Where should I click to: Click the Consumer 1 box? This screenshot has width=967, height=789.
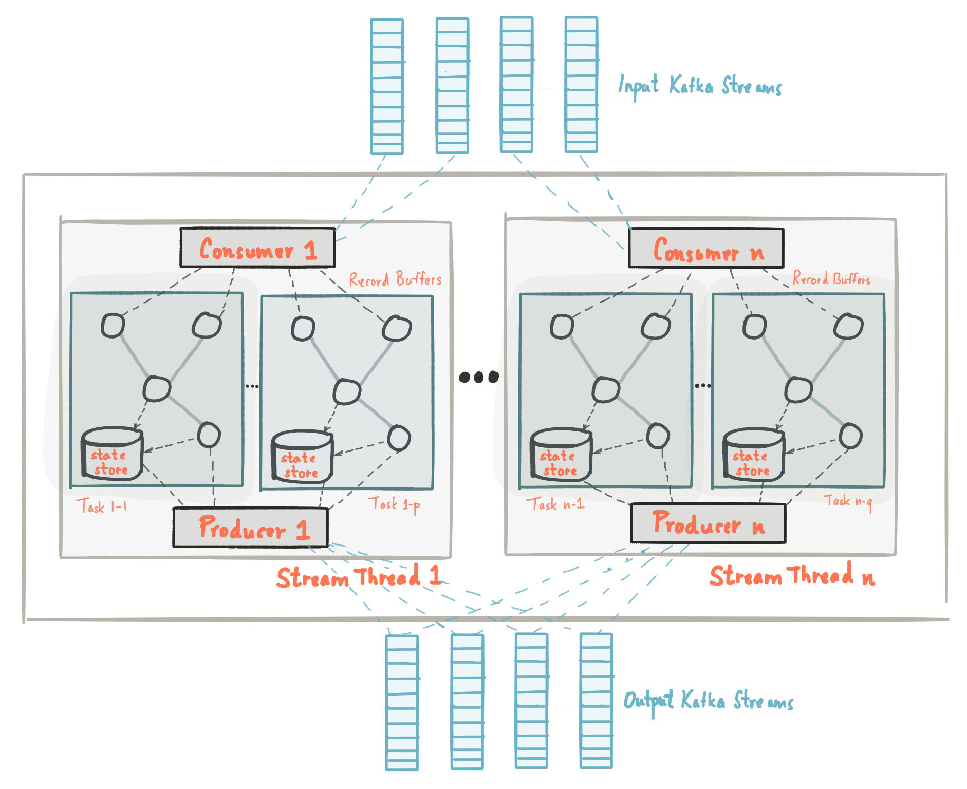[x=257, y=248]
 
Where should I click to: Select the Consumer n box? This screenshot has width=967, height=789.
[x=706, y=249]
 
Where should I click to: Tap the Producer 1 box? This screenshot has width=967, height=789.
[x=250, y=528]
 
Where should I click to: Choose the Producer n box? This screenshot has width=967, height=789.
[x=708, y=523]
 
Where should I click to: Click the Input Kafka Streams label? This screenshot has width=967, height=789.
[x=699, y=86]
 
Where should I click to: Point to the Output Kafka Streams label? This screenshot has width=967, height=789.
[x=708, y=701]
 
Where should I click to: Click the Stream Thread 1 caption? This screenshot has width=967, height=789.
[x=359, y=576]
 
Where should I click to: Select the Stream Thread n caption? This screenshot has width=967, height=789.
[x=791, y=575]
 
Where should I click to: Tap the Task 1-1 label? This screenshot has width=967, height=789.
[x=101, y=506]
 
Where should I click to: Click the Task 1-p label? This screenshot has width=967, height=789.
[x=394, y=504]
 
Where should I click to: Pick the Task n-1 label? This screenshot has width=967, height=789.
[x=555, y=504]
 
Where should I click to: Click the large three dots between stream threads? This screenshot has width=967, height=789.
[x=478, y=377]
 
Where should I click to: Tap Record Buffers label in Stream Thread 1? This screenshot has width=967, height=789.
[x=395, y=279]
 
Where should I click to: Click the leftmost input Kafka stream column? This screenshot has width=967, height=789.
[x=387, y=86]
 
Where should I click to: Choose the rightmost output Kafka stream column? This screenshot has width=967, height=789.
[x=596, y=701]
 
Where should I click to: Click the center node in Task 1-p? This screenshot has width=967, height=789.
[x=347, y=392]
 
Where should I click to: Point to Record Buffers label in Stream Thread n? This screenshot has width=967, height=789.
[x=831, y=278]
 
